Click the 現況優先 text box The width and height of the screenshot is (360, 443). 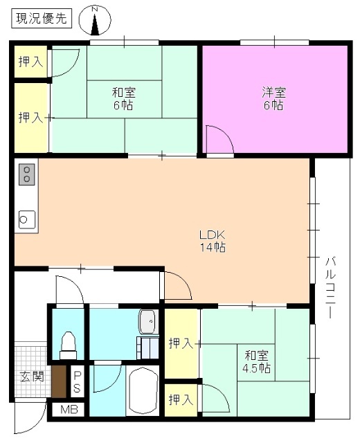pos(41,19)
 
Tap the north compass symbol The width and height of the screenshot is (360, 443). pos(96,21)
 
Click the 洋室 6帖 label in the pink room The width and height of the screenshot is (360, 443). pos(273,98)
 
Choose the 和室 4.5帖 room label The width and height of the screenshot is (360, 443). pos(257,361)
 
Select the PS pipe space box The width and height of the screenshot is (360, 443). pos(77,383)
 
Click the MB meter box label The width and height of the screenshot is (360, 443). pos(69,409)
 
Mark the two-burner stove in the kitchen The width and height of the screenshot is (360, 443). pos(27,174)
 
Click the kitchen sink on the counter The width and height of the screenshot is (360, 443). pos(26,219)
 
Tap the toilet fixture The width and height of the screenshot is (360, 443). pos(68,344)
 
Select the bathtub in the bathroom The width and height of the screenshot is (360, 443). pos(145,391)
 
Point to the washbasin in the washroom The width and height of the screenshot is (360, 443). pos(148,320)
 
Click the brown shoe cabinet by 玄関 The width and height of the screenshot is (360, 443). pos(60,381)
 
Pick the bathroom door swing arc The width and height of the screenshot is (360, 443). pos(105,378)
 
